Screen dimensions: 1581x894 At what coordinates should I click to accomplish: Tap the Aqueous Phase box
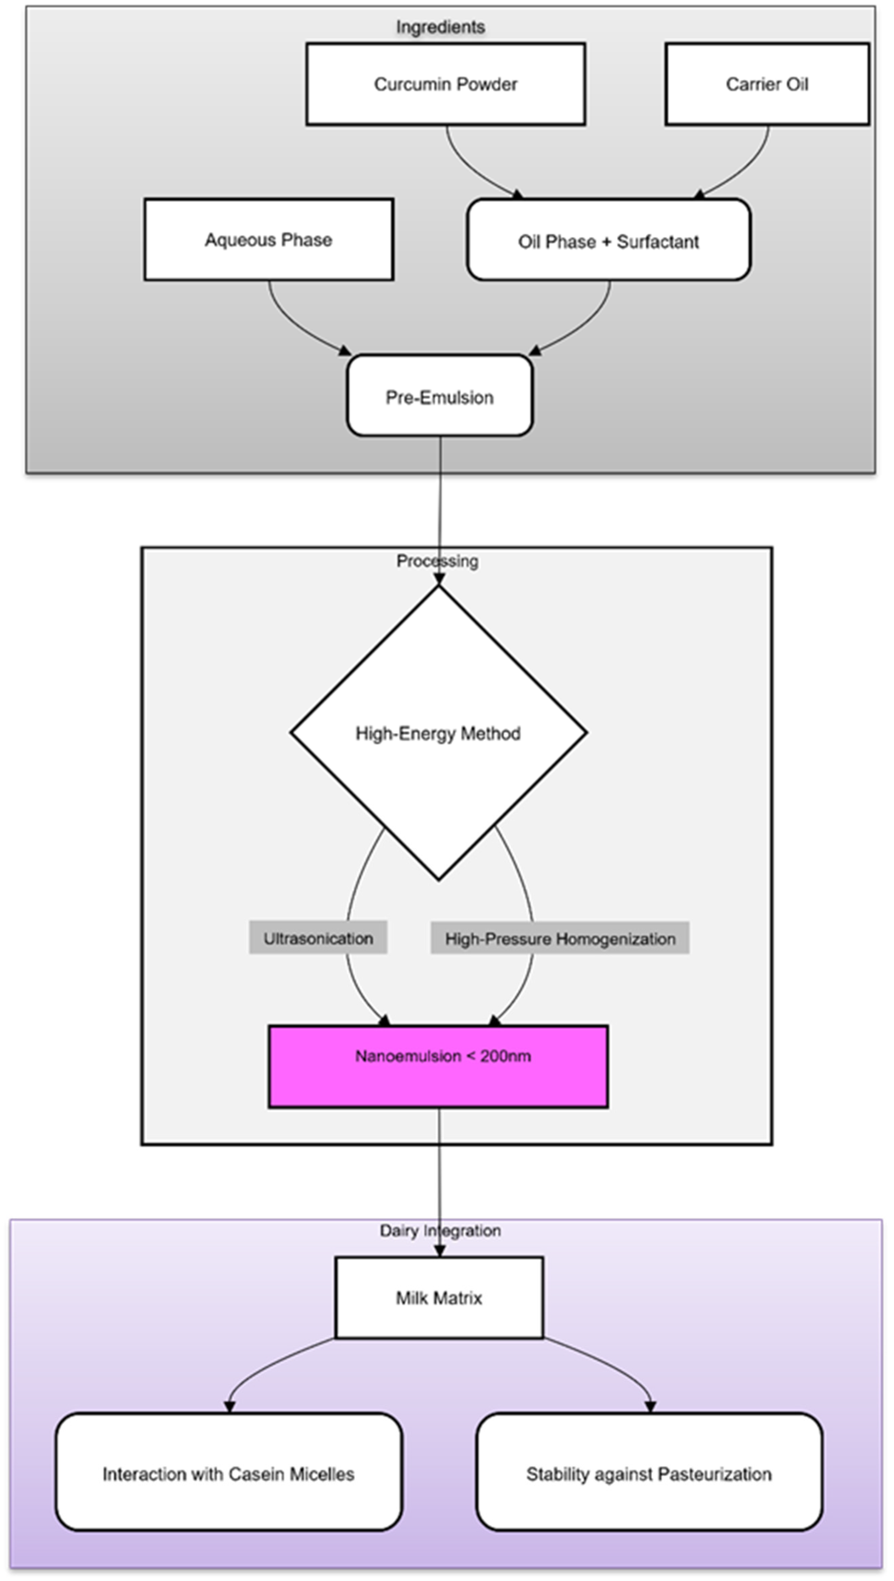pos(268,239)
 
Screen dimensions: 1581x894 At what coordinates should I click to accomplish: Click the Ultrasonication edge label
pos(318,938)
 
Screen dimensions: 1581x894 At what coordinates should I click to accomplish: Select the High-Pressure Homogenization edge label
pos(560,938)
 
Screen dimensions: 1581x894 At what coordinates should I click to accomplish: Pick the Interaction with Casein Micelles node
pos(228,1474)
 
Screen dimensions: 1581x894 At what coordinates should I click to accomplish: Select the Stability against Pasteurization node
pos(649,1474)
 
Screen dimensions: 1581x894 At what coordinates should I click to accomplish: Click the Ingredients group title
pos(440,27)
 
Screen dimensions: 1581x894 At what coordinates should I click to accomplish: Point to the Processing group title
pos(437,560)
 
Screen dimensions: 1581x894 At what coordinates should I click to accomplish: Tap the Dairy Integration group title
pos(440,1230)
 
